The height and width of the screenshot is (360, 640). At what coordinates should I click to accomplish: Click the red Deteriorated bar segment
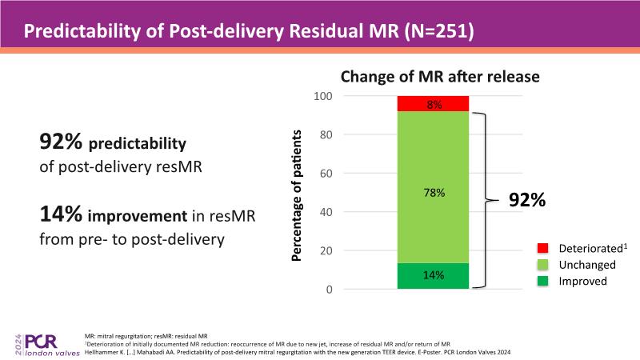click(x=433, y=103)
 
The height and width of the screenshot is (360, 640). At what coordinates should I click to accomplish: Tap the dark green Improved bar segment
click(x=433, y=275)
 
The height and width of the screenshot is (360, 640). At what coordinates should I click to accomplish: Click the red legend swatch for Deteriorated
click(x=541, y=250)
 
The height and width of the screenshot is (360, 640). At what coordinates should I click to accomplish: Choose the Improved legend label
click(x=582, y=282)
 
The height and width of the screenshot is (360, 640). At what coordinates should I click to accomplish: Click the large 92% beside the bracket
click(x=527, y=201)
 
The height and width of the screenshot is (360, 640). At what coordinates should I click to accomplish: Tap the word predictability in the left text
click(x=137, y=144)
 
